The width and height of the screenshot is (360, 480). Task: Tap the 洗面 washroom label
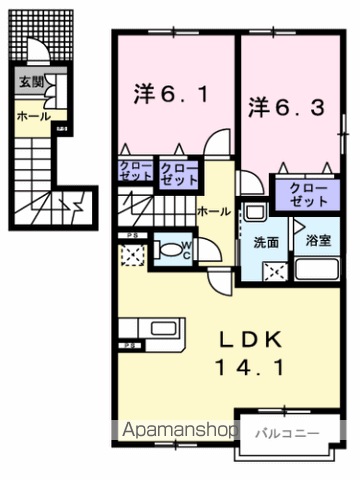pyautogui.click(x=265, y=241)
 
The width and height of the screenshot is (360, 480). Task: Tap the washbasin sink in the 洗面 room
pyautogui.click(x=253, y=212)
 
